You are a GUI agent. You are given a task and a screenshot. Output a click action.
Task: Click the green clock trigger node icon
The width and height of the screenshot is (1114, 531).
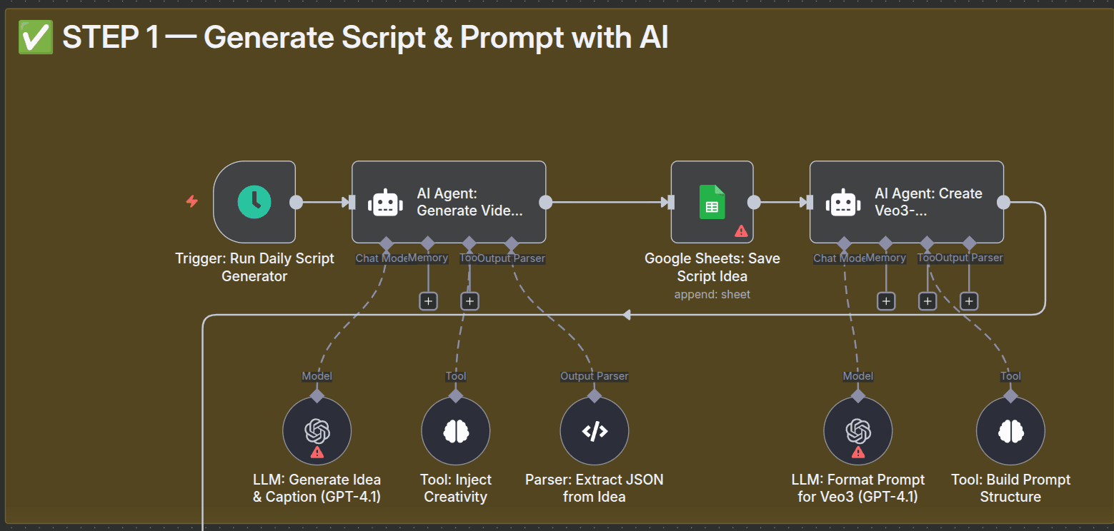coord(254,202)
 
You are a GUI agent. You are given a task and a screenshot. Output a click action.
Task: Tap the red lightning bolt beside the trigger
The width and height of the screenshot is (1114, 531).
coord(192,202)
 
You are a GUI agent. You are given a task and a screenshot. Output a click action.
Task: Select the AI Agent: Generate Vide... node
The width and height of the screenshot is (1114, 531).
coord(448,202)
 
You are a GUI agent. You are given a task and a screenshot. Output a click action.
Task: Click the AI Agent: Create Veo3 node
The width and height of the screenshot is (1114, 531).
coord(906,202)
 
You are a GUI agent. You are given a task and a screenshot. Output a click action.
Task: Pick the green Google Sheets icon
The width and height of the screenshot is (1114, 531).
coord(712,202)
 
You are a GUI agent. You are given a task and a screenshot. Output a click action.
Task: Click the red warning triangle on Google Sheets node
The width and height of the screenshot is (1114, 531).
coord(741,231)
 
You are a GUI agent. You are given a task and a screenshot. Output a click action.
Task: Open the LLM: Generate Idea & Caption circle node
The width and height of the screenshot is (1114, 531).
coord(317,430)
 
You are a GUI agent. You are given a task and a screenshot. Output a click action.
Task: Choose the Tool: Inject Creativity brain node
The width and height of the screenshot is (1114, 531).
coord(455,430)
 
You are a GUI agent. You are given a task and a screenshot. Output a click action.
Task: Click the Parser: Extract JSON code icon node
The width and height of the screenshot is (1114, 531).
coord(594,430)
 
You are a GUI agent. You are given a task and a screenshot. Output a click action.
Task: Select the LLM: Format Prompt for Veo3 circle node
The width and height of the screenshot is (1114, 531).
coord(857,430)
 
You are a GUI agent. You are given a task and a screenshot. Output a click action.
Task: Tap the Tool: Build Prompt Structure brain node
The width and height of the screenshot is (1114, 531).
coord(1010,430)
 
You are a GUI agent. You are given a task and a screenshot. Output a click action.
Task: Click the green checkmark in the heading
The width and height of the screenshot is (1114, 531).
coord(36,37)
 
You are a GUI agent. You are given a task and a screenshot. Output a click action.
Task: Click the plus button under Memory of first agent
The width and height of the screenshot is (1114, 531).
coord(428,301)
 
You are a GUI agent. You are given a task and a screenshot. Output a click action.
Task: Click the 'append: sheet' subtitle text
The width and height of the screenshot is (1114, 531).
coord(712,294)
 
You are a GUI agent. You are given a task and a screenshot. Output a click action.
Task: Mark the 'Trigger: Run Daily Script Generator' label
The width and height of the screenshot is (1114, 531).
coord(254,267)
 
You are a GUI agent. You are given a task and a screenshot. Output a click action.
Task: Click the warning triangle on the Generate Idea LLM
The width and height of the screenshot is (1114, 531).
coord(317,452)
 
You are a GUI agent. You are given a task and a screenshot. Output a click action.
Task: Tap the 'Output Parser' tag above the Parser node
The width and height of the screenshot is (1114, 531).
coord(594,376)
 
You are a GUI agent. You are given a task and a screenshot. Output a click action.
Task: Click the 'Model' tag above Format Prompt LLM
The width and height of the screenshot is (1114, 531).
coord(857,376)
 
